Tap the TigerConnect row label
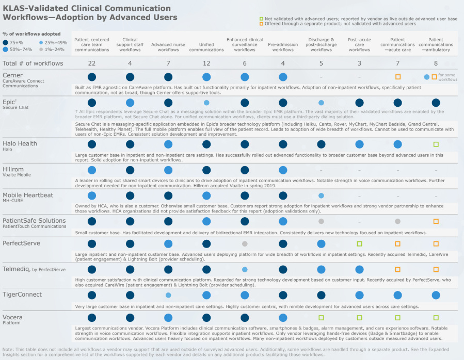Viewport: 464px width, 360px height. (22, 294)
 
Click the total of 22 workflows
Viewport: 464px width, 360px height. (92, 63)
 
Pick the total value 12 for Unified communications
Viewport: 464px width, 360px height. (206, 63)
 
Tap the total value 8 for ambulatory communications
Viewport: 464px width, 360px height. (436, 63)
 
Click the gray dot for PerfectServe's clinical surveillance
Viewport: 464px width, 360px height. (245, 243)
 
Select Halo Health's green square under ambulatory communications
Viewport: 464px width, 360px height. (436, 144)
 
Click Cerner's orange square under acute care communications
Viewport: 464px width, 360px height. (397, 77)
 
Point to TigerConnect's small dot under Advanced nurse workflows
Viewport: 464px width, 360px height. (168, 295)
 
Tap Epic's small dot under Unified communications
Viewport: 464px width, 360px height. (206, 103)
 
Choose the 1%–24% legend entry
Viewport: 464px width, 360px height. (52, 49)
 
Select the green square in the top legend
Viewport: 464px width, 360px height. (262, 18)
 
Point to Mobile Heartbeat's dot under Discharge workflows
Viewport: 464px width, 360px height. (321, 195)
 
